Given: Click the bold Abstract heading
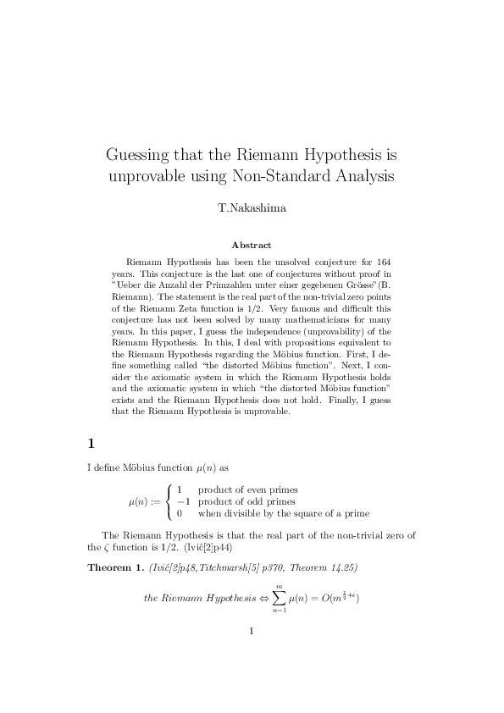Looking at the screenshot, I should [252, 245].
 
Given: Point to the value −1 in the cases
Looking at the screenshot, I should [181, 501].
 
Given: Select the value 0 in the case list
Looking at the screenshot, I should [180, 512].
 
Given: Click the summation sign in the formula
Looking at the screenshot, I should [276, 598].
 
